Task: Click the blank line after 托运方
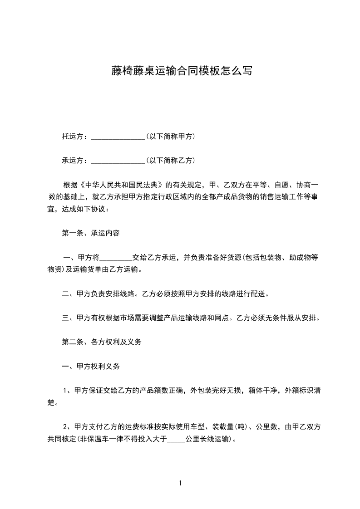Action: (118, 137)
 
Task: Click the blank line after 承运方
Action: (118, 161)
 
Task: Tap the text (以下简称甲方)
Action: (170, 136)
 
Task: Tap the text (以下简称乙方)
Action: (170, 160)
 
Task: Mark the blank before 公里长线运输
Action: (177, 440)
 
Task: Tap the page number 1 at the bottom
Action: (180, 483)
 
